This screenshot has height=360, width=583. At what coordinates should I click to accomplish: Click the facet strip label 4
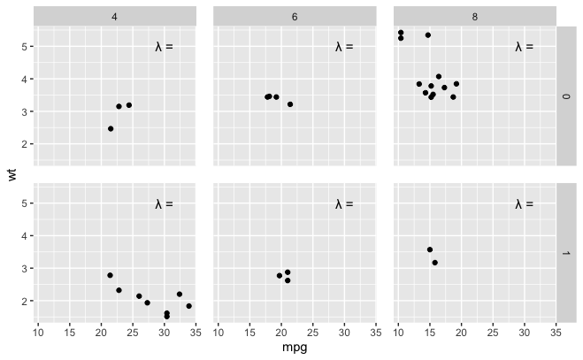(x=114, y=17)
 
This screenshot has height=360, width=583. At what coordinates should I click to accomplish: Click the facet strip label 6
(x=295, y=17)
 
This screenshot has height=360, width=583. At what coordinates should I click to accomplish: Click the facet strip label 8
(x=475, y=17)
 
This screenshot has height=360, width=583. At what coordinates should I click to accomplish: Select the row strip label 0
(x=566, y=96)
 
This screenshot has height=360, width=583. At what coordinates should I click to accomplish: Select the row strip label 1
(x=566, y=253)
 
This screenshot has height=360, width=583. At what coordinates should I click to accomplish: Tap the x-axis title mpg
(x=295, y=348)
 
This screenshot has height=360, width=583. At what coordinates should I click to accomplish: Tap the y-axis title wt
(x=12, y=174)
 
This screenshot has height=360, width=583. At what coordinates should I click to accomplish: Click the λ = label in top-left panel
(x=164, y=47)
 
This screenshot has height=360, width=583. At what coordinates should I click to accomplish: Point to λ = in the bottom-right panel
(x=525, y=203)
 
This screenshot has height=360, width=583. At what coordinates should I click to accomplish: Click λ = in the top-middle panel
(x=344, y=47)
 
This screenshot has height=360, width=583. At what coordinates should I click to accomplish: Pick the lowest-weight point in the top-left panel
(x=111, y=128)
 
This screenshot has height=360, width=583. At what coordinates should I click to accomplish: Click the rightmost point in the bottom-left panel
(x=189, y=306)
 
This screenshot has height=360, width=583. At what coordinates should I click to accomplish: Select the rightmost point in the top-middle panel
(x=290, y=104)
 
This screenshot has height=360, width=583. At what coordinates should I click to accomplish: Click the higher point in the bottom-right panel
(x=430, y=249)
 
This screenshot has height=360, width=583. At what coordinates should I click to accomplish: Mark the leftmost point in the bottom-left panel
(x=110, y=275)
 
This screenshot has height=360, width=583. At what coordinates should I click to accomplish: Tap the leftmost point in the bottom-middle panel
(x=280, y=276)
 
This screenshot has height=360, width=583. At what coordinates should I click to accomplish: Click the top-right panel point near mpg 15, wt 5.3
(x=428, y=35)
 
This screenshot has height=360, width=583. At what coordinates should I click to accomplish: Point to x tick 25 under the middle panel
(x=312, y=333)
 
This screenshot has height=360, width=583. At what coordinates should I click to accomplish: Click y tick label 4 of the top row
(x=25, y=80)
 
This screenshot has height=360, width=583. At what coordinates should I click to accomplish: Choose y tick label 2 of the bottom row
(x=25, y=301)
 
